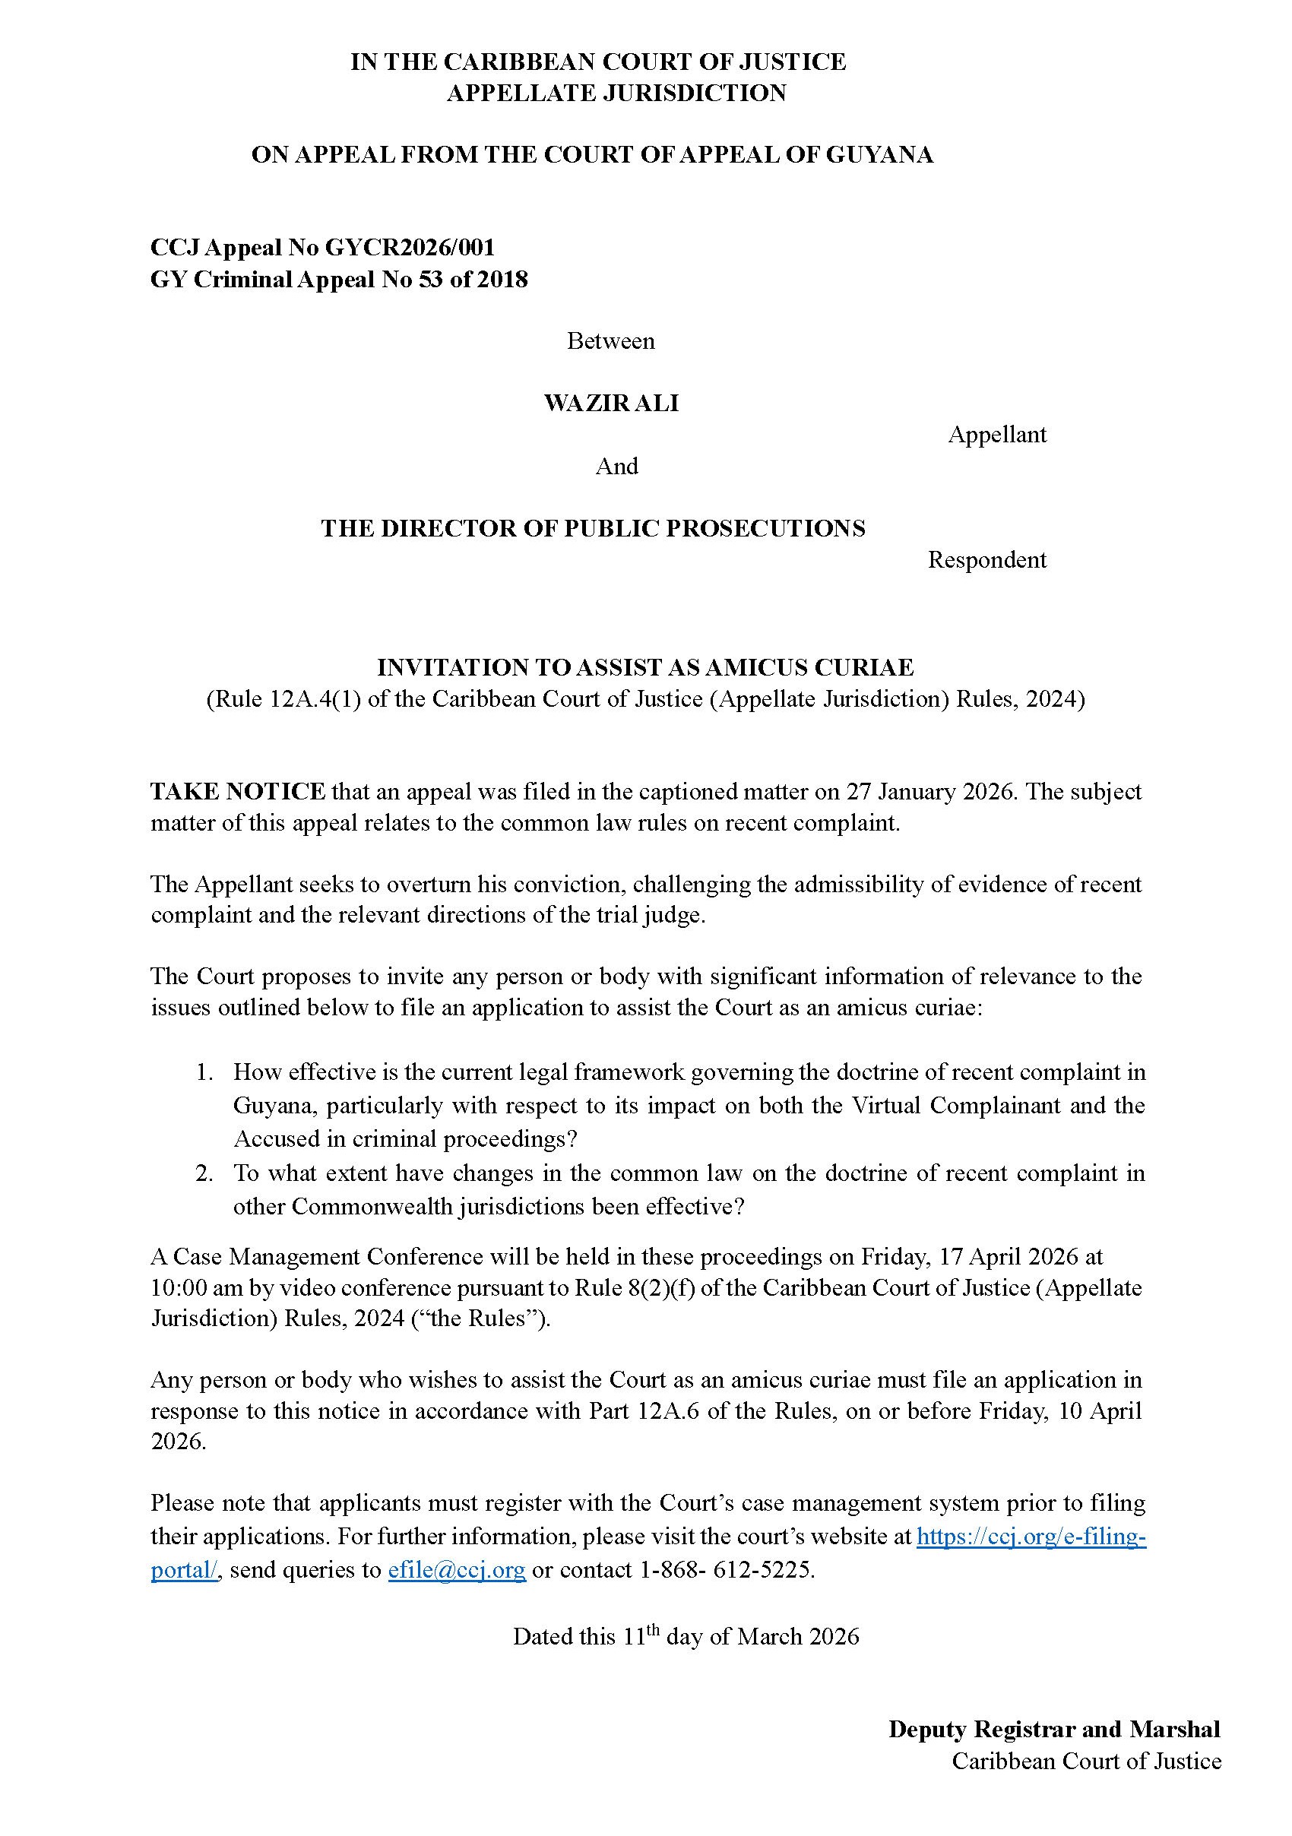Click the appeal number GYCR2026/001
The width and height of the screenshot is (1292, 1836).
[410, 247]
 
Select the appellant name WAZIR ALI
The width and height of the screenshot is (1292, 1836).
[611, 403]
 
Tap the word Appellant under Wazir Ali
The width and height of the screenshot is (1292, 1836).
[996, 435]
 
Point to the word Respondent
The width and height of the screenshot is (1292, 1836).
[986, 560]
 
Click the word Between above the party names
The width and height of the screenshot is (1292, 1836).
[611, 341]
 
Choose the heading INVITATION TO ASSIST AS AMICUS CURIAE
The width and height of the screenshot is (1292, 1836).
[645, 667]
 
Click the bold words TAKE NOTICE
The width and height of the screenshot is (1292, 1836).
[237, 792]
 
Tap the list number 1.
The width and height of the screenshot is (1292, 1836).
[204, 1072]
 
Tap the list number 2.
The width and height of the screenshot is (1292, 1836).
[204, 1173]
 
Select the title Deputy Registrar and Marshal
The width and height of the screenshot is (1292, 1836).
[1054, 1729]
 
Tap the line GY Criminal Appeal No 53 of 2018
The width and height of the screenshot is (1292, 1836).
[339, 280]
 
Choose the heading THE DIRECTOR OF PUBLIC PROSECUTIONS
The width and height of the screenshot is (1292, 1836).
[593, 529]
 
